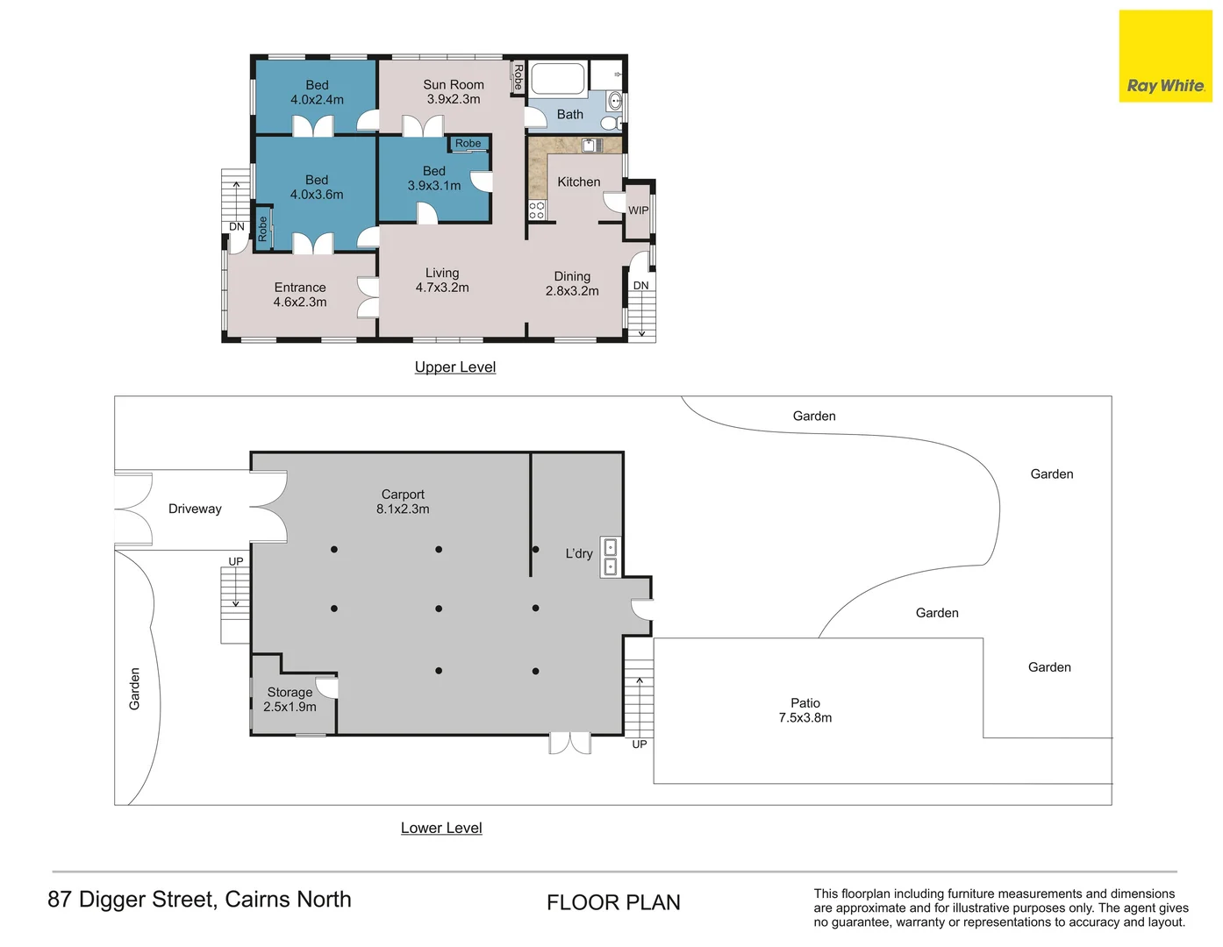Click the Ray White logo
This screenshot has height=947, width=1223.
click(x=1165, y=56)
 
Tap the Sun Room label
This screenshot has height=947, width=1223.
click(x=453, y=85)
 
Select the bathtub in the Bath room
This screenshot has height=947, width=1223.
click(x=558, y=79)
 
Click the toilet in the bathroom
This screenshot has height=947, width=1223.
click(x=610, y=122)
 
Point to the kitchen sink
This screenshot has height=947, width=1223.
click(x=591, y=146)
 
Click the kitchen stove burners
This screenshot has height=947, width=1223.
click(x=536, y=210)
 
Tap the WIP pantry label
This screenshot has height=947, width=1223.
click(x=638, y=210)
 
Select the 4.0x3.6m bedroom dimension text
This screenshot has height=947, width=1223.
click(x=317, y=195)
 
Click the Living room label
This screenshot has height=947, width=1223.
click(x=442, y=273)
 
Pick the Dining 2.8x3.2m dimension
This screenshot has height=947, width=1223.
click(x=572, y=291)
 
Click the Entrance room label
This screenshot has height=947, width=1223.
click(x=300, y=288)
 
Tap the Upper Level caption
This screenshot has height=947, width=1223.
click(x=454, y=367)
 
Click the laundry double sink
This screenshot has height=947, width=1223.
click(x=610, y=557)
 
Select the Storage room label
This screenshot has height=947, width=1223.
click(x=290, y=692)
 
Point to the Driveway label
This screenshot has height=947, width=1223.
click(x=195, y=509)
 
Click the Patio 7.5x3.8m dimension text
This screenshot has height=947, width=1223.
click(x=805, y=717)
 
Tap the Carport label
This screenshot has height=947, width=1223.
click(x=403, y=495)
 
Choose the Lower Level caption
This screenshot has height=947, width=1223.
click(x=441, y=827)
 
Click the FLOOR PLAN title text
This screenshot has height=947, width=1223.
click(x=613, y=902)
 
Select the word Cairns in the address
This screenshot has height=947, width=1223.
click(x=257, y=899)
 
